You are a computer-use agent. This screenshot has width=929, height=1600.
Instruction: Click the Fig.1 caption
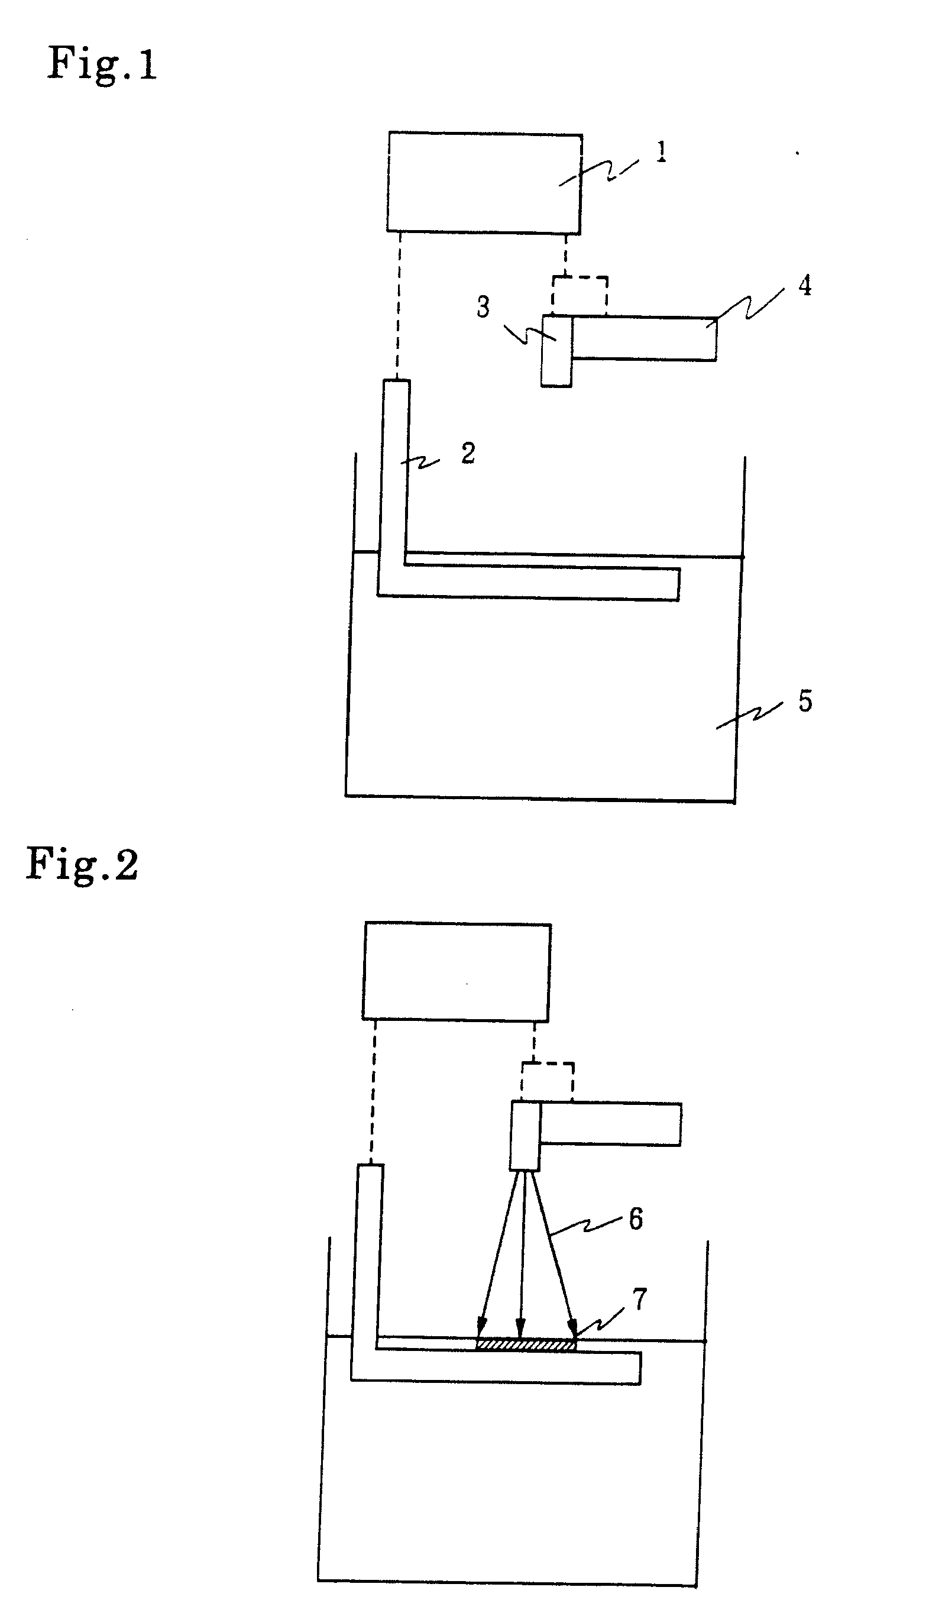pyautogui.click(x=102, y=64)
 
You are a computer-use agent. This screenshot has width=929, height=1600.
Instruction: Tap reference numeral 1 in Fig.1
pyautogui.click(x=661, y=153)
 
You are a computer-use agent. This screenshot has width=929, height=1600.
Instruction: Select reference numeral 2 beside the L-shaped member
pyautogui.click(x=468, y=453)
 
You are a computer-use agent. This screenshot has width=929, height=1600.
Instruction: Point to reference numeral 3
pyautogui.click(x=483, y=308)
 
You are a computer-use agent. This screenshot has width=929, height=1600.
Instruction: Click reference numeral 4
pyautogui.click(x=804, y=286)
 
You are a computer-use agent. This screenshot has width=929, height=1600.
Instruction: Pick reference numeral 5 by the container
pyautogui.click(x=805, y=702)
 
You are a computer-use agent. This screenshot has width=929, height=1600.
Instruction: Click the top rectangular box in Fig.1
pyautogui.click(x=484, y=182)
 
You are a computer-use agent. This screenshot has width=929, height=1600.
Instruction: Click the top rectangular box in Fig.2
pyautogui.click(x=457, y=971)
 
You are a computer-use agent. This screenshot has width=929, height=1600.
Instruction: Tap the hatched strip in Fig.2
pyautogui.click(x=526, y=1344)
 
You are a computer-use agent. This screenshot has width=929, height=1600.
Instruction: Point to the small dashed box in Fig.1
pyautogui.click(x=580, y=296)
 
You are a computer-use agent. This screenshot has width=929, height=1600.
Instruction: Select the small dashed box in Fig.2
pyautogui.click(x=548, y=1081)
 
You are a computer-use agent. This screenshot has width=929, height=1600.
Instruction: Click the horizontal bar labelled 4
pyautogui.click(x=644, y=338)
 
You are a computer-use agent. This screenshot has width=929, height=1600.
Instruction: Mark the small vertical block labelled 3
pyautogui.click(x=556, y=351)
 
